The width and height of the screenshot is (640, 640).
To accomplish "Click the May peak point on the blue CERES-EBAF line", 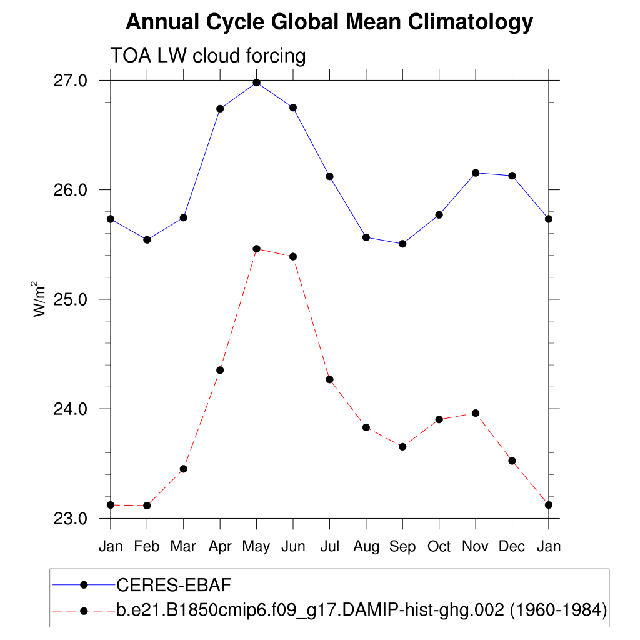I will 256,82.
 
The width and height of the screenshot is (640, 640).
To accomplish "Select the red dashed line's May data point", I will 256,249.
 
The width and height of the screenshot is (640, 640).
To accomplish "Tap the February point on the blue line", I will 147,239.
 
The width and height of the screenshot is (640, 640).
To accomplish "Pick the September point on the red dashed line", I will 402,446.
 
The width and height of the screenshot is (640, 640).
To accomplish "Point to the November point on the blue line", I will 476,172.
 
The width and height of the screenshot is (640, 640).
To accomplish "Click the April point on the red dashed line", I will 220,370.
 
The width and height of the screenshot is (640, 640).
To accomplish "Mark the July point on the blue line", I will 329,176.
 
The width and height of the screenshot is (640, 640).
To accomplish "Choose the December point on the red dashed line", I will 512,461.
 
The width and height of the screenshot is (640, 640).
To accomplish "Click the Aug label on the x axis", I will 366,547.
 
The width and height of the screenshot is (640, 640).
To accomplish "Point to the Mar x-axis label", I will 183,547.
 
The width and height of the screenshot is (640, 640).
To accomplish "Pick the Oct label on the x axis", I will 439,547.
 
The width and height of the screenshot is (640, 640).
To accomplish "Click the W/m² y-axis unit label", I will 40,299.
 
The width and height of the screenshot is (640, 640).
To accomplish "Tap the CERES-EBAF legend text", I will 174,585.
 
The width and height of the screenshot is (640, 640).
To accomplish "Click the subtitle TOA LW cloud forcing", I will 208,56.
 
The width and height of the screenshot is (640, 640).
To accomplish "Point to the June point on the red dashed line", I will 293,256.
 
